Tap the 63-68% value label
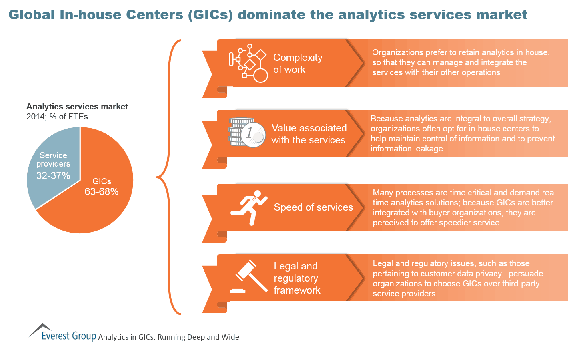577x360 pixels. coord(101,192)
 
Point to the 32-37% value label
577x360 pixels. coord(53,175)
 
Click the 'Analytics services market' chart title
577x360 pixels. coord(77,107)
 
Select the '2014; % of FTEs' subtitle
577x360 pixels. coord(57,117)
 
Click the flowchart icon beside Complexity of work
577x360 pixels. coord(248,63)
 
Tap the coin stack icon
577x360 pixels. coord(246,133)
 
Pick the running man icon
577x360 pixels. coord(249,207)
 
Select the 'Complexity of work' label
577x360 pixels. coord(297,63)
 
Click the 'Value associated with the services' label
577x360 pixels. coord(309,134)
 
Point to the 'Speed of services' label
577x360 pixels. coord(313,207)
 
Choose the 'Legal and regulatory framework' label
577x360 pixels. coord(297,278)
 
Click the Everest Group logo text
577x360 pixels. coord(69,336)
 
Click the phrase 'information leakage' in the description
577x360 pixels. coord(407,149)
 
